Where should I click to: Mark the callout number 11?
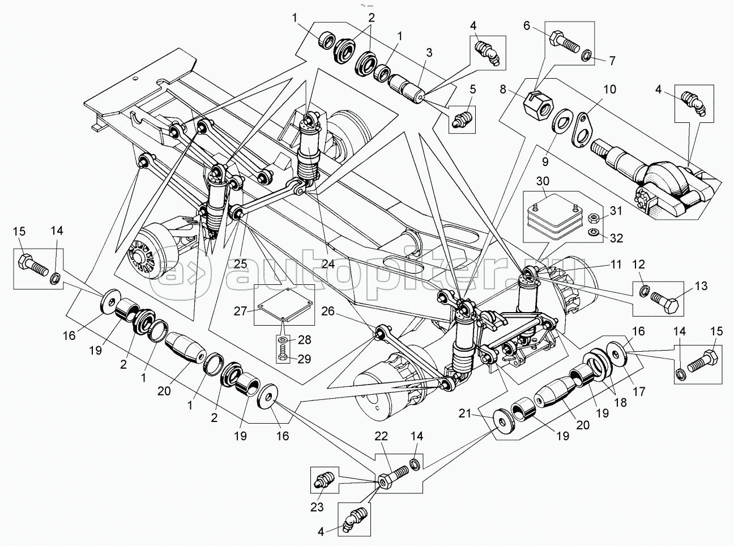click(616, 264)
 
